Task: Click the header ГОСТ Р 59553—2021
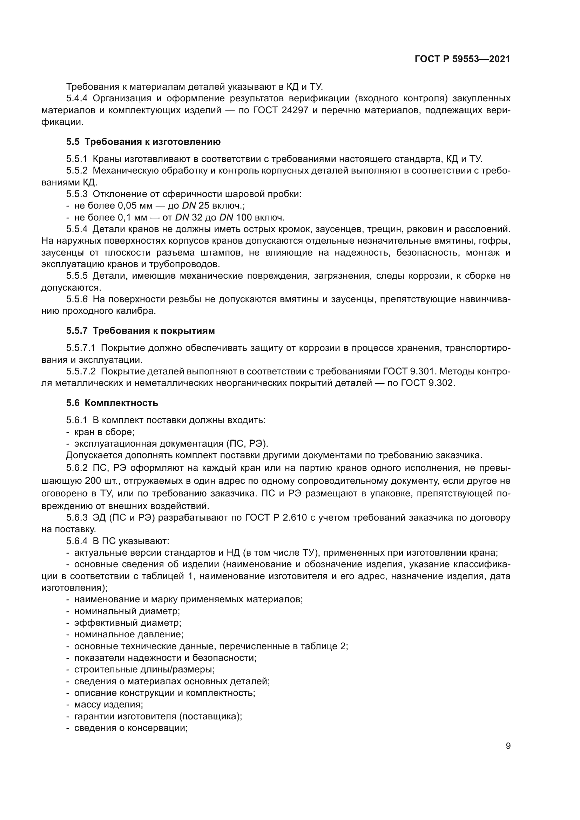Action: [x=462, y=59]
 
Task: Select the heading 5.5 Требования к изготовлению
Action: [x=143, y=142]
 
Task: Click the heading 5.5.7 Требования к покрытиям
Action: [x=140, y=331]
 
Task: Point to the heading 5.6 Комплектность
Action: [x=112, y=403]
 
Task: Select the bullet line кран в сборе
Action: [x=104, y=432]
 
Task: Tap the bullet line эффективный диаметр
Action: [x=128, y=623]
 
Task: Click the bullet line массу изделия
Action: [x=108, y=705]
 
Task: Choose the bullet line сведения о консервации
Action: [x=131, y=728]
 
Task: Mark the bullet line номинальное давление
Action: [x=129, y=635]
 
